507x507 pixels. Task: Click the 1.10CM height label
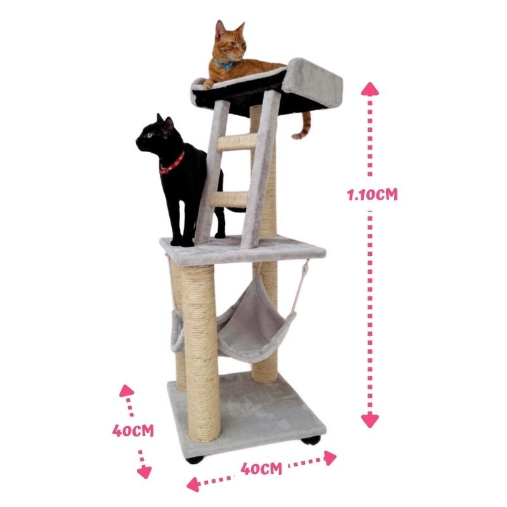(x=372, y=195)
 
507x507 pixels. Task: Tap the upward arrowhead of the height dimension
(x=370, y=89)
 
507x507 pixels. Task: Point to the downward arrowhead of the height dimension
(x=370, y=421)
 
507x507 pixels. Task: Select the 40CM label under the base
(x=261, y=468)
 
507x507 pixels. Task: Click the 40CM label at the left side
(x=133, y=431)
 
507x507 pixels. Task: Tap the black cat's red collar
(x=172, y=165)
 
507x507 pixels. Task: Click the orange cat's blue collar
(x=224, y=65)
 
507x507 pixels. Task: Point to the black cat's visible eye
(x=150, y=135)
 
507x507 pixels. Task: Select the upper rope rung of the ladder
(x=238, y=142)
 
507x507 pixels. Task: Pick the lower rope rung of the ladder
(x=229, y=200)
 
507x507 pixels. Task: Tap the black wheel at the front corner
(x=195, y=459)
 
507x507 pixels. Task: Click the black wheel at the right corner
(x=311, y=440)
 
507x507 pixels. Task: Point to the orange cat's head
(x=230, y=41)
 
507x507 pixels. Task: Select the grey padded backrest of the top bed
(x=312, y=83)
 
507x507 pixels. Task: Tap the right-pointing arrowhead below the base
(x=330, y=458)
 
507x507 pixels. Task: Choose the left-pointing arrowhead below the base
(x=193, y=484)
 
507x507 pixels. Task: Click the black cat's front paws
(x=182, y=241)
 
